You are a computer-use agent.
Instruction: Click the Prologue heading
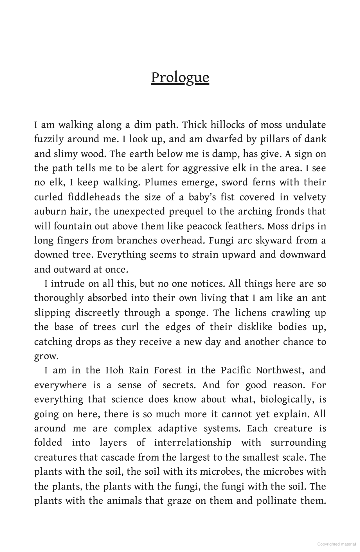click(x=180, y=78)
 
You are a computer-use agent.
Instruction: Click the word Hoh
click(x=114, y=370)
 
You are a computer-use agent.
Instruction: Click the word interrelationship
click(x=193, y=443)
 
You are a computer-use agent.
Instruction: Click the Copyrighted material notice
click(x=336, y=544)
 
